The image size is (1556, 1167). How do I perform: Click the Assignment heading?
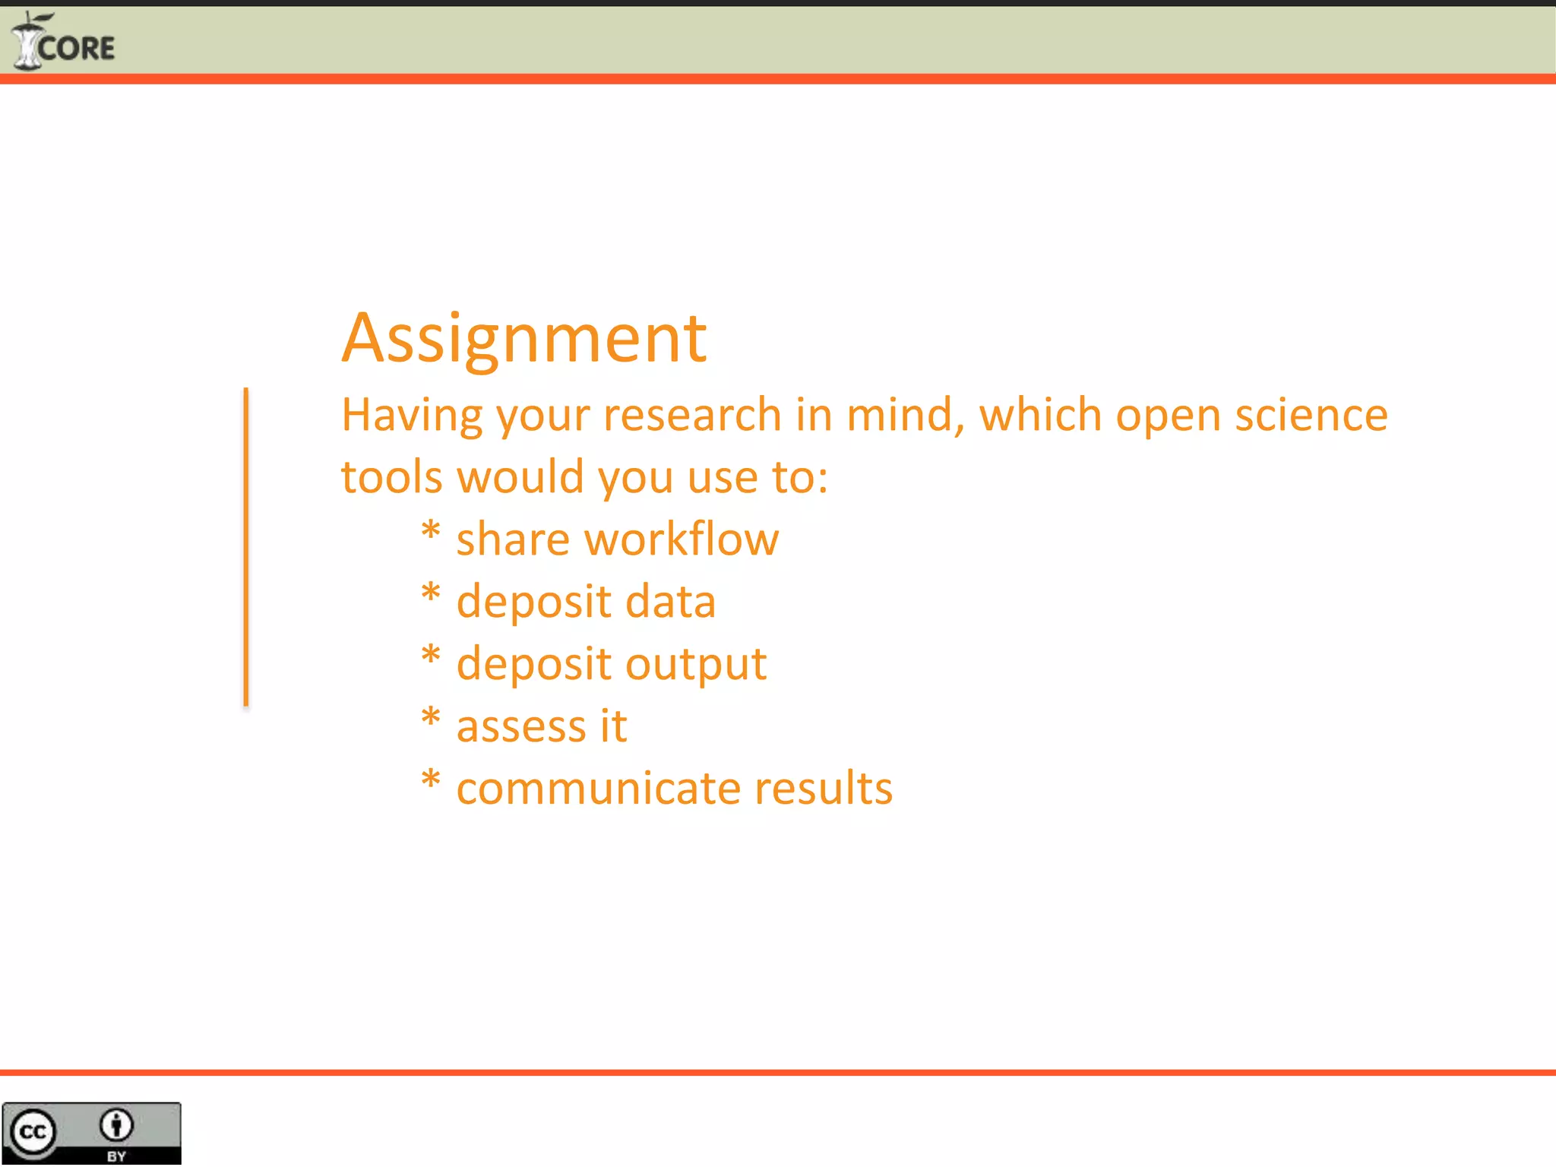click(x=524, y=338)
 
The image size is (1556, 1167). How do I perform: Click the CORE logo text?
click(x=76, y=49)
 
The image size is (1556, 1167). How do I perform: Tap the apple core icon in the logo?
click(x=27, y=43)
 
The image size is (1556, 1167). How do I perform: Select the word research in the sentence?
click(x=692, y=416)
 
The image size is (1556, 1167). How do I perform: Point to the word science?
click(x=1311, y=416)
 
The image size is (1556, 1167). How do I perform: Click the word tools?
click(x=391, y=477)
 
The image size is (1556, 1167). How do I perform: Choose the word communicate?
click(x=597, y=788)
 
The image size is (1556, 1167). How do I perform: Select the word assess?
click(x=520, y=726)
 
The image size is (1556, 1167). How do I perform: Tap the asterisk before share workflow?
click(x=431, y=530)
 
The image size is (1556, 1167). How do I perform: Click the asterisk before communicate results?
click(x=431, y=778)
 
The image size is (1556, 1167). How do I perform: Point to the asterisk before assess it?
click(x=431, y=716)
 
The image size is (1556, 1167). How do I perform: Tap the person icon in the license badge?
click(x=116, y=1125)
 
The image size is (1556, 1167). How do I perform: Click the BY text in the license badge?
click(x=116, y=1156)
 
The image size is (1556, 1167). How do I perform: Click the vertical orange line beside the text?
click(x=245, y=547)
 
